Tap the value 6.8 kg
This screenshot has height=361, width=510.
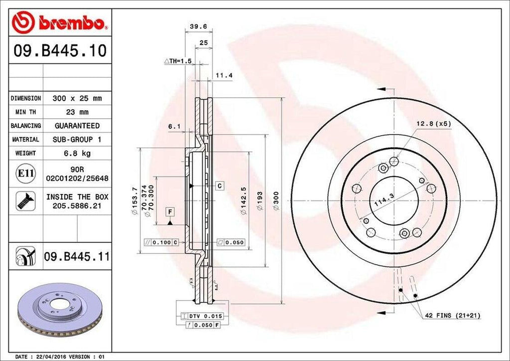pos(77,153)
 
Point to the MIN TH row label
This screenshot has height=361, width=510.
pos(26,112)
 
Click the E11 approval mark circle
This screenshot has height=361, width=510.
pos(25,174)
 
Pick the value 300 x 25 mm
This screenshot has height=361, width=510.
pos(77,99)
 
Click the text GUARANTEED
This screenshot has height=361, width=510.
pos(77,126)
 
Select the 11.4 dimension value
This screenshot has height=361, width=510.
pos(224,75)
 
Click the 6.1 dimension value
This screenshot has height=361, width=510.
pos(174,127)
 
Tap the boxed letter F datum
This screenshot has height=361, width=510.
pos(170,212)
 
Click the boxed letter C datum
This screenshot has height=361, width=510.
pos(219,185)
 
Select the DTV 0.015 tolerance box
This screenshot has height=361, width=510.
pos(205,317)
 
